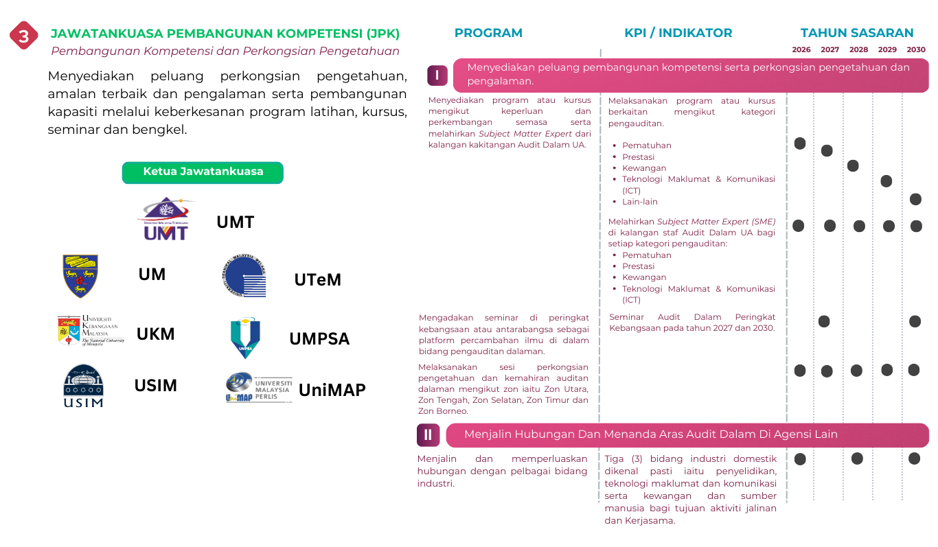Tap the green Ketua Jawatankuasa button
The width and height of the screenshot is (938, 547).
[203, 172]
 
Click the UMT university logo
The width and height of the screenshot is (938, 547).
[165, 219]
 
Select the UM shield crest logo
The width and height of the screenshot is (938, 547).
[80, 275]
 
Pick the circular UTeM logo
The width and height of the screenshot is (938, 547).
[244, 276]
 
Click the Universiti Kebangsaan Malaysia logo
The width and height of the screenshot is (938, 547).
[91, 331]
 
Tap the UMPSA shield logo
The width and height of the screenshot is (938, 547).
[245, 337]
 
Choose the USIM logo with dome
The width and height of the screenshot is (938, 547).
[83, 386]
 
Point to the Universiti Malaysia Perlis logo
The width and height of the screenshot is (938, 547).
[259, 388]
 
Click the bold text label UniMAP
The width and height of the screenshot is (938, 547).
[332, 391]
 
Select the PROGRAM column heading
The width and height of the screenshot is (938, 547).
[488, 33]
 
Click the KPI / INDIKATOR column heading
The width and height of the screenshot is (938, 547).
[678, 33]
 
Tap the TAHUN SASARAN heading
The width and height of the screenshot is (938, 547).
[857, 33]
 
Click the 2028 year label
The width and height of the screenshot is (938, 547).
[858, 49]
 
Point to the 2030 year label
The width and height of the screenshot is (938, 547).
[916, 49]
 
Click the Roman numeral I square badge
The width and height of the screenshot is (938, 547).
[437, 75]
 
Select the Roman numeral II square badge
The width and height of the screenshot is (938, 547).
[428, 434]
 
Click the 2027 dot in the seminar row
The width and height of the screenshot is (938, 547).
[824, 321]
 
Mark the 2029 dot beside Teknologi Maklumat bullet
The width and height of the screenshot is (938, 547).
[886, 181]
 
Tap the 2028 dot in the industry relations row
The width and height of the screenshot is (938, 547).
[857, 458]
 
